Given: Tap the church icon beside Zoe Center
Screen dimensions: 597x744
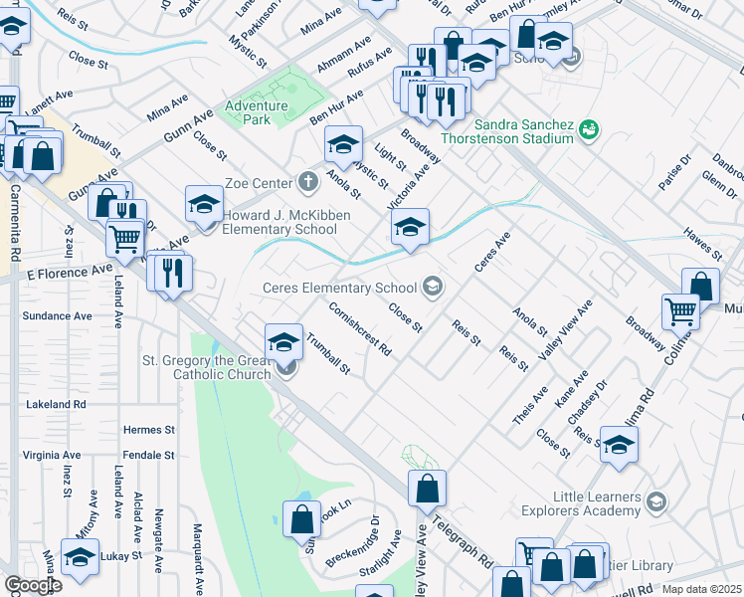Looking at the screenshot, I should point(308,182).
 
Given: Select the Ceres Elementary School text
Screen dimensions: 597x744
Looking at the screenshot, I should point(339,289).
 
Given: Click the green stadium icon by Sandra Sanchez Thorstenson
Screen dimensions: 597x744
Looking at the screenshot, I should point(589,128).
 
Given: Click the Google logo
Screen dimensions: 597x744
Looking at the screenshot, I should point(32,585).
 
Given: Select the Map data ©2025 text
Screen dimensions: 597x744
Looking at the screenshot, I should point(702,589).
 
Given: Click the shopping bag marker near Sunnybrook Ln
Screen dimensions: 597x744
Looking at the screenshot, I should point(301,518).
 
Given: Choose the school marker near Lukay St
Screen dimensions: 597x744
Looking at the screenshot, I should point(80,555).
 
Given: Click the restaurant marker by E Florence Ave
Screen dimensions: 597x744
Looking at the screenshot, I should point(172,270).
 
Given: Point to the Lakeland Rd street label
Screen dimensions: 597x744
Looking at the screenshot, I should point(56,405).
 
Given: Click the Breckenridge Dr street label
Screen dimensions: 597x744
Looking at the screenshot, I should point(353,541).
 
